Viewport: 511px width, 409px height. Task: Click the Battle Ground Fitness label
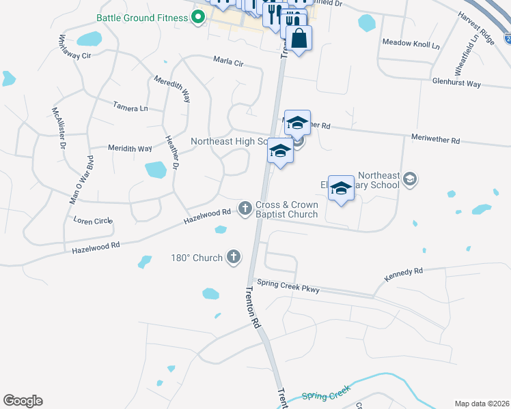[x=143, y=18]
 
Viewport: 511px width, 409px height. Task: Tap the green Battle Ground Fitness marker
[x=199, y=18]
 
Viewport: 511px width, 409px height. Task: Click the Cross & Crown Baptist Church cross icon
[x=245, y=208]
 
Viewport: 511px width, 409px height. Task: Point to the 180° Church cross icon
[x=234, y=257]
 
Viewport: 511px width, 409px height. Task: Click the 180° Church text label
[x=197, y=258]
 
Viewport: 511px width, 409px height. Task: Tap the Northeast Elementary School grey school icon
[x=410, y=179]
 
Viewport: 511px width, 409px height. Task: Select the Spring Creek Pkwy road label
[x=288, y=286]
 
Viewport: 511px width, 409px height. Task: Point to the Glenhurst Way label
[x=456, y=85]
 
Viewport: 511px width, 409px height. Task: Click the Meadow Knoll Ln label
[x=411, y=43]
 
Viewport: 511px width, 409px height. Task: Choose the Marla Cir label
[x=228, y=62]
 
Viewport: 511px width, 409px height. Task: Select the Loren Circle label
[x=92, y=221]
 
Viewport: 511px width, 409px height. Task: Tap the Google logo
[x=23, y=401]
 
